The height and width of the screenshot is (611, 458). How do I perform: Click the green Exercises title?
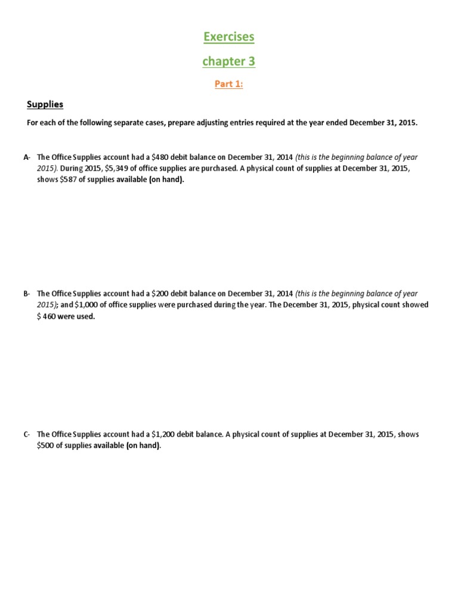pos(229,37)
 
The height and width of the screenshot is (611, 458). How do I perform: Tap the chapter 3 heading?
pos(229,61)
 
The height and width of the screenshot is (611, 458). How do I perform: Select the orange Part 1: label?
pos(229,84)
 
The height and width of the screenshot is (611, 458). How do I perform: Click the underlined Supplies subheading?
pos(45,104)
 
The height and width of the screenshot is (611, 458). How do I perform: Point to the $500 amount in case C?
pos(46,446)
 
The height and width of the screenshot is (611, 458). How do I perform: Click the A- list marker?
pos(27,158)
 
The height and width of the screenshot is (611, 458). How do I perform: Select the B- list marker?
pos(27,294)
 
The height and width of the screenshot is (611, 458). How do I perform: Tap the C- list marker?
pos(27,434)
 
